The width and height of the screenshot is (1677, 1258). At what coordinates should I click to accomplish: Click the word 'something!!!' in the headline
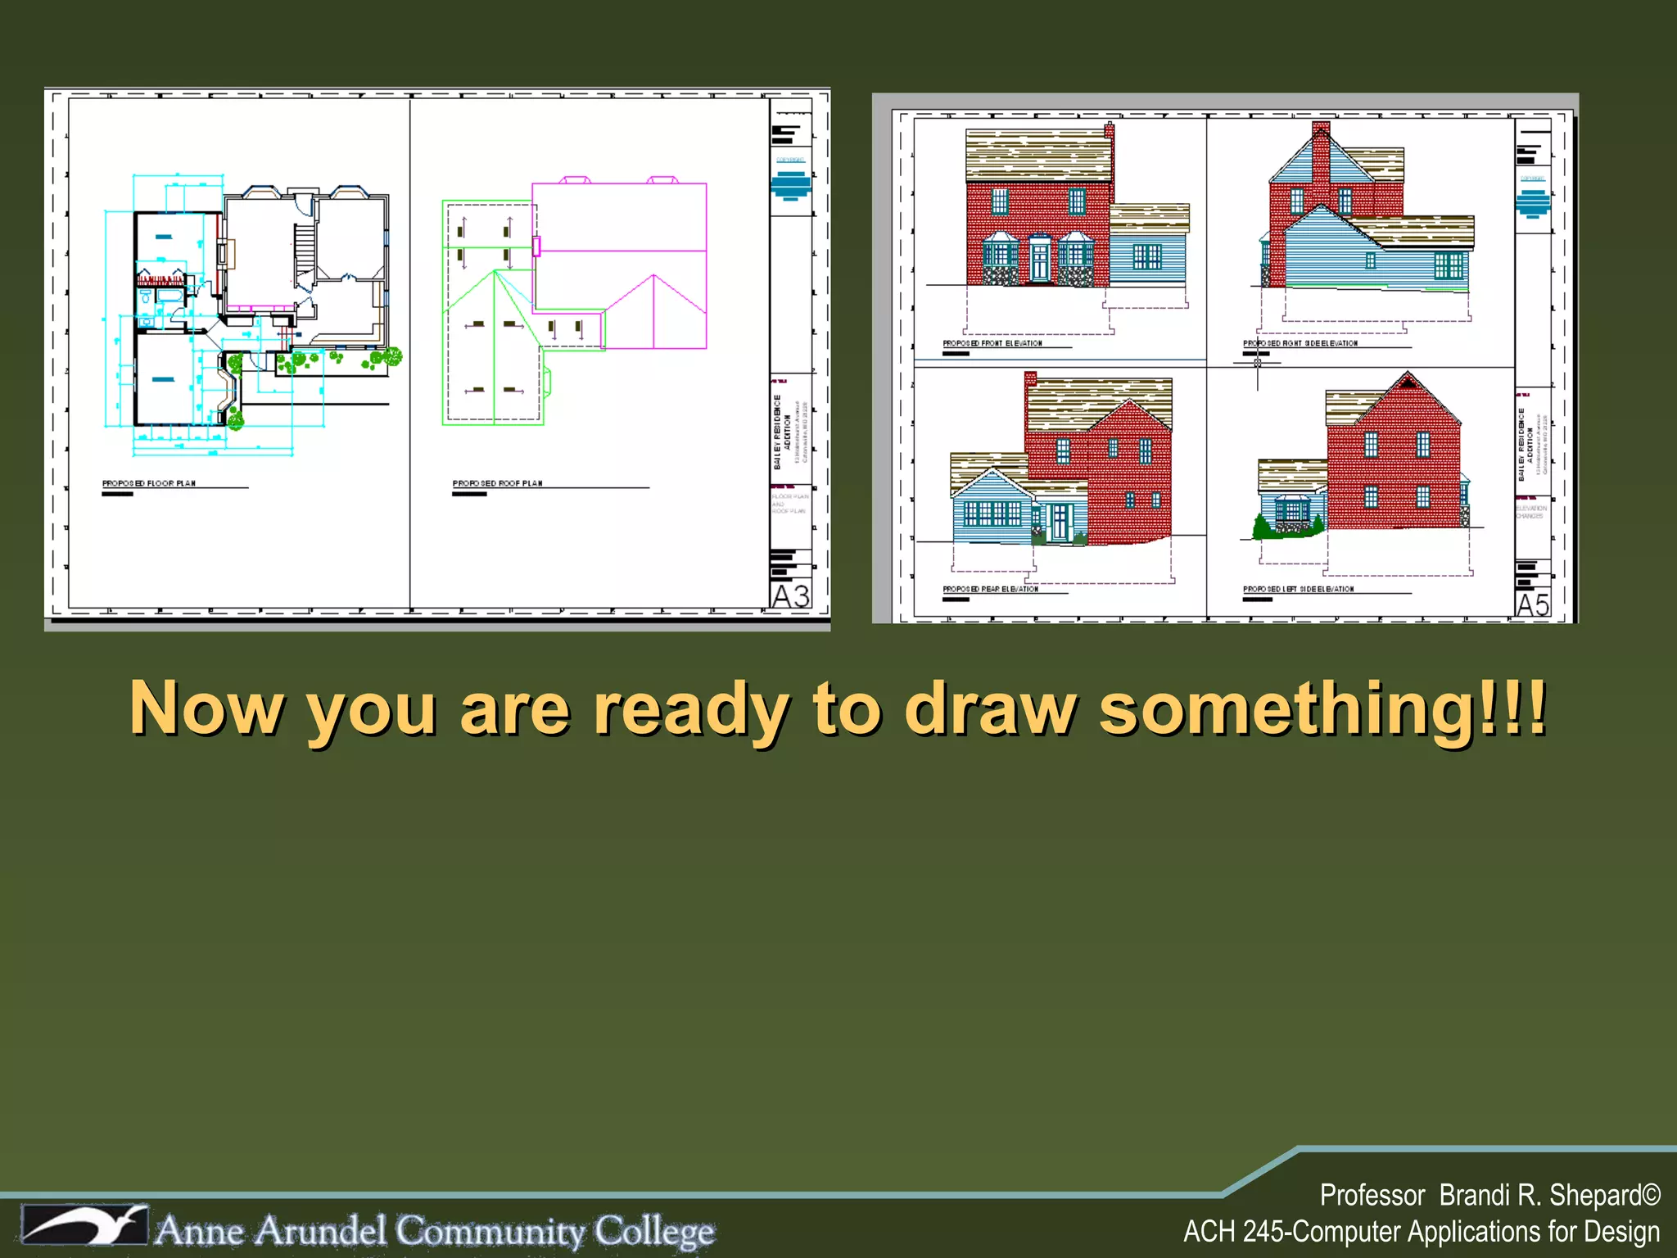pos(1322,708)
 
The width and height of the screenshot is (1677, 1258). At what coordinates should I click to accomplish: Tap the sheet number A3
pos(791,596)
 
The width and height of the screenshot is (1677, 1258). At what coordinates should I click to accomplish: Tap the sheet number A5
pos(1533,605)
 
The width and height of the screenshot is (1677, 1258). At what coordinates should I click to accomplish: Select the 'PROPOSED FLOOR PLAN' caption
pos(149,483)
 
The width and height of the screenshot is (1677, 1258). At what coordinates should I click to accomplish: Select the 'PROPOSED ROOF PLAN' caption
pos(497,483)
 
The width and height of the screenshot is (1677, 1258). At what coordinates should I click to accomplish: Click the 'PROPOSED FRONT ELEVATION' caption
pos(992,343)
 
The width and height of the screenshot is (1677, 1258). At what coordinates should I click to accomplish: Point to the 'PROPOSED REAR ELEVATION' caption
pos(990,589)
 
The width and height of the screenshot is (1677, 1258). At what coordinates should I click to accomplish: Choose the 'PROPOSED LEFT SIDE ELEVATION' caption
pos(1298,589)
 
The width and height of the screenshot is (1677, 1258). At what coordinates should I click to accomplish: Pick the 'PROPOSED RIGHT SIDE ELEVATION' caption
pos(1300,343)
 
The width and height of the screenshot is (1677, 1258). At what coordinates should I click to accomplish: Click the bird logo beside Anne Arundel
pos(84,1226)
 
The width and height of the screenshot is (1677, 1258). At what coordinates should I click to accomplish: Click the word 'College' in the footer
pos(654,1230)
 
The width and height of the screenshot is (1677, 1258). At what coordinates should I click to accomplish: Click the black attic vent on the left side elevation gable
pos(1408,382)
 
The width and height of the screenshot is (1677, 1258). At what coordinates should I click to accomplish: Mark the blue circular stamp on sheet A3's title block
pos(790,185)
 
